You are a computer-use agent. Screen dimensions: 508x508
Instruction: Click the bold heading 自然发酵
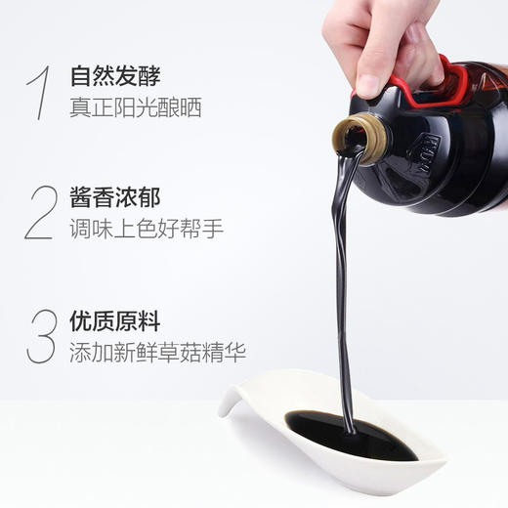[x=114, y=75]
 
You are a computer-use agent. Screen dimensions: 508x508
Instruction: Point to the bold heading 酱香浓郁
[x=114, y=198]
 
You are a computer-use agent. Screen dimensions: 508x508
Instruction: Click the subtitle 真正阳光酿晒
[x=135, y=107]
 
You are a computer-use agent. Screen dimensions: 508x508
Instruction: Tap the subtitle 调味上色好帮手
[x=147, y=231]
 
